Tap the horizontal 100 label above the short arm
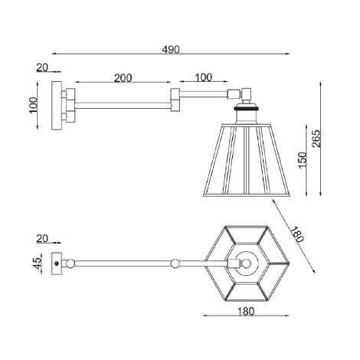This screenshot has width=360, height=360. tap(204, 78)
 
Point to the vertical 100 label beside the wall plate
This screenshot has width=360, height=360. tap(33, 103)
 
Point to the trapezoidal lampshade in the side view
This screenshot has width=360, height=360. tap(246, 158)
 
